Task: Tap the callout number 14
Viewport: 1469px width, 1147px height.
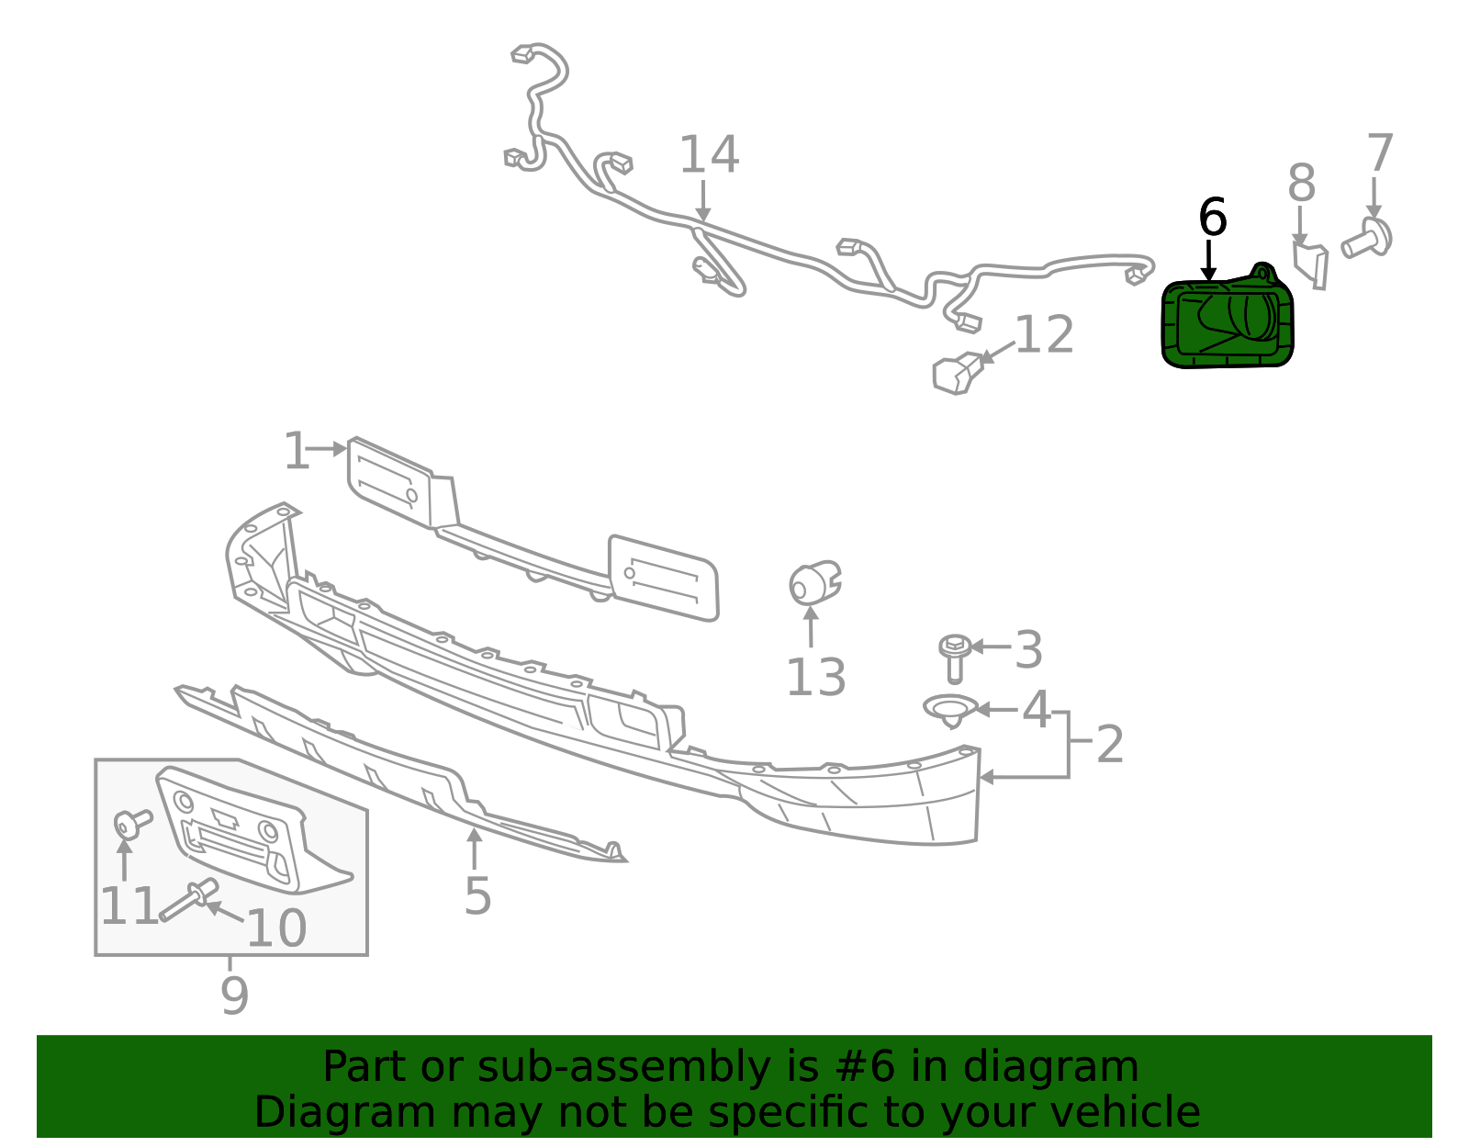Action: pos(708,155)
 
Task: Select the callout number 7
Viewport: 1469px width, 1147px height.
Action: pos(1380,152)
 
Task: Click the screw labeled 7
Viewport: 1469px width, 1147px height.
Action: pos(1367,241)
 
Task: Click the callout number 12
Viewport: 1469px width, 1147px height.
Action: pos(1045,335)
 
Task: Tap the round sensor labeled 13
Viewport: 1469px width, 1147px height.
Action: pos(813,584)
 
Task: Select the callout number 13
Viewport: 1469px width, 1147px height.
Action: pos(815,678)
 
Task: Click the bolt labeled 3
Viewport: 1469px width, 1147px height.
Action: pos(955,656)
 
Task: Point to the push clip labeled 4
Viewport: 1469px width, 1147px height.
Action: pos(950,710)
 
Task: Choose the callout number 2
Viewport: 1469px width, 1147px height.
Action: pos(1110,744)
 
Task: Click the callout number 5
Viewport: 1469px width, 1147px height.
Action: pos(477,895)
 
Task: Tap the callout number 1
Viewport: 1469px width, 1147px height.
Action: pos(297,451)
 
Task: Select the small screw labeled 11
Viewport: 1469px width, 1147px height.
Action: pos(130,823)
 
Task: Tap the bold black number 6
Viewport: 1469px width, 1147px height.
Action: pos(1213,219)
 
